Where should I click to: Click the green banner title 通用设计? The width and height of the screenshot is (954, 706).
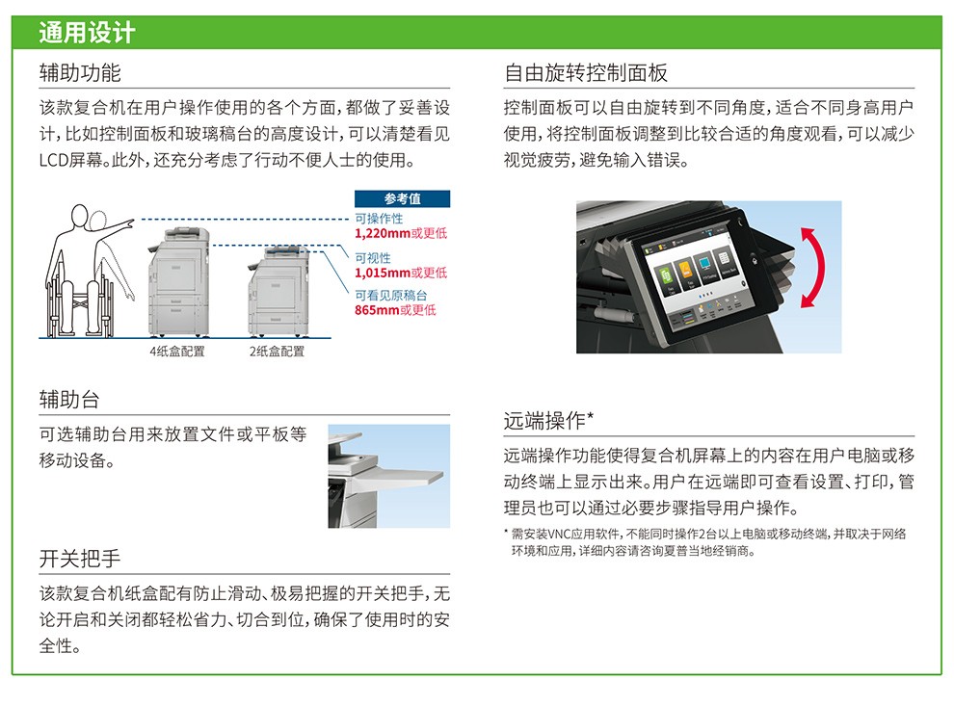[x=87, y=32]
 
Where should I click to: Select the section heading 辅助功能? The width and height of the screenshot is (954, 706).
[x=80, y=73]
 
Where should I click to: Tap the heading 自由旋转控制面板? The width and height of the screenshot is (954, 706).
[x=586, y=73]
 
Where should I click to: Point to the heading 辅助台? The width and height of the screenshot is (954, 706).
[x=69, y=400]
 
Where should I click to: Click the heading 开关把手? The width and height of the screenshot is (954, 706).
[x=80, y=559]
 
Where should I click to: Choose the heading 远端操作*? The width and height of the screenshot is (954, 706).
[x=548, y=420]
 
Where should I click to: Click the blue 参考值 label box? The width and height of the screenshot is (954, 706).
[x=402, y=198]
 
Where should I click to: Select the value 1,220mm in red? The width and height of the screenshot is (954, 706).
[x=383, y=233]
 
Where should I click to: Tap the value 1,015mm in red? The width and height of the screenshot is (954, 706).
[x=383, y=273]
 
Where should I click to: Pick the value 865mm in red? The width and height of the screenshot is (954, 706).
[x=377, y=310]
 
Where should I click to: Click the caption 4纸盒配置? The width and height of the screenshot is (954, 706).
[x=177, y=351]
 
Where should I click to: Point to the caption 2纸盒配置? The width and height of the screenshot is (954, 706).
[x=277, y=351]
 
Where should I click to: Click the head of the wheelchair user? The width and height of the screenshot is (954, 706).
[x=80, y=216]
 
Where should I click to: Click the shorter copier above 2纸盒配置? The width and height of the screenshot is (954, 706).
[x=278, y=291]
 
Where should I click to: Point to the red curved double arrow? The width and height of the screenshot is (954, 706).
[x=813, y=268]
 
